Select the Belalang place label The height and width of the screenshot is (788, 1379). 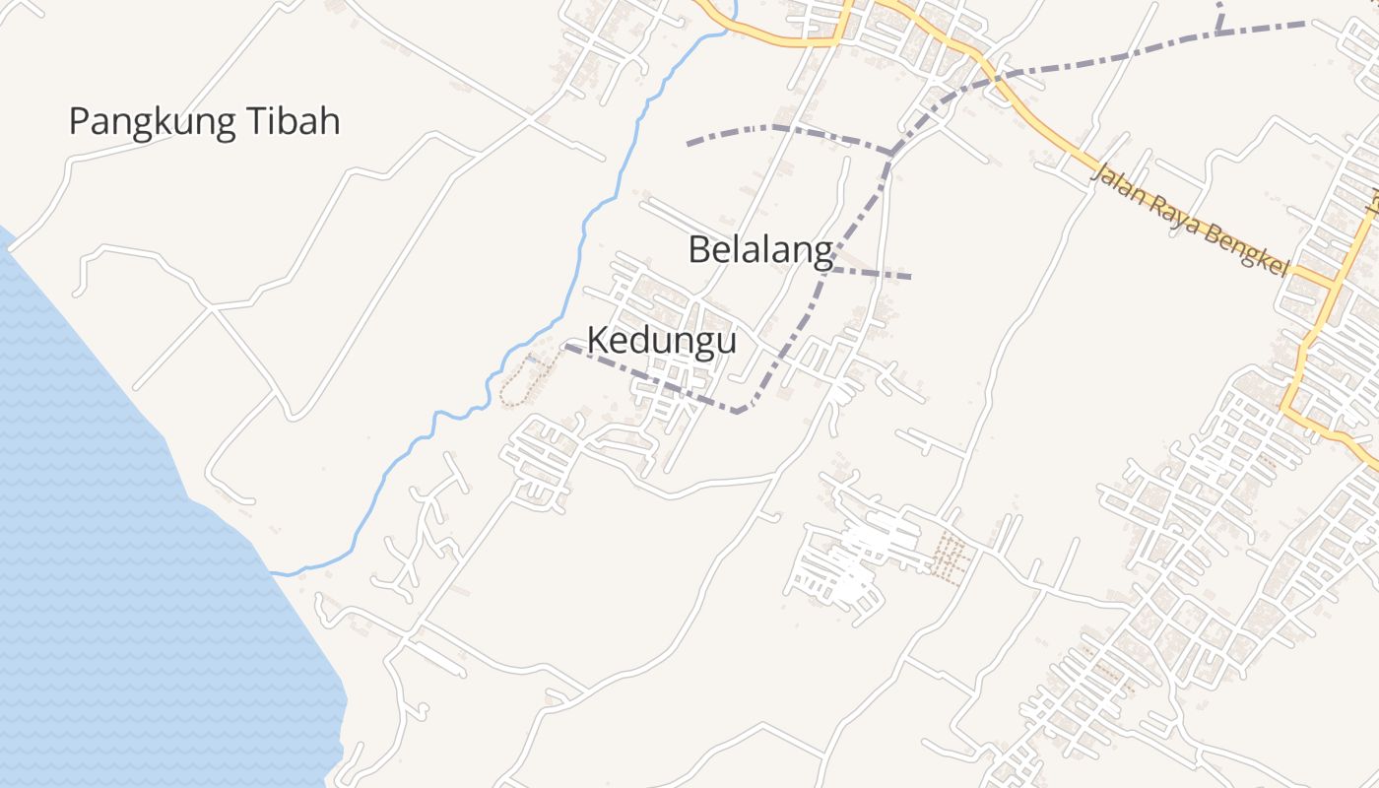tap(760, 250)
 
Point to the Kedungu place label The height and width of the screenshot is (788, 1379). tap(662, 341)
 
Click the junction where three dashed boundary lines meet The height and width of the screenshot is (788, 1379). tap(891, 153)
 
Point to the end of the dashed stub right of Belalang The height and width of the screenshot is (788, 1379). tap(910, 277)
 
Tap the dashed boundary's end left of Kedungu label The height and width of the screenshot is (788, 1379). tap(564, 346)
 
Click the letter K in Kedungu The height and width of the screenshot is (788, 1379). tap(597, 341)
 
